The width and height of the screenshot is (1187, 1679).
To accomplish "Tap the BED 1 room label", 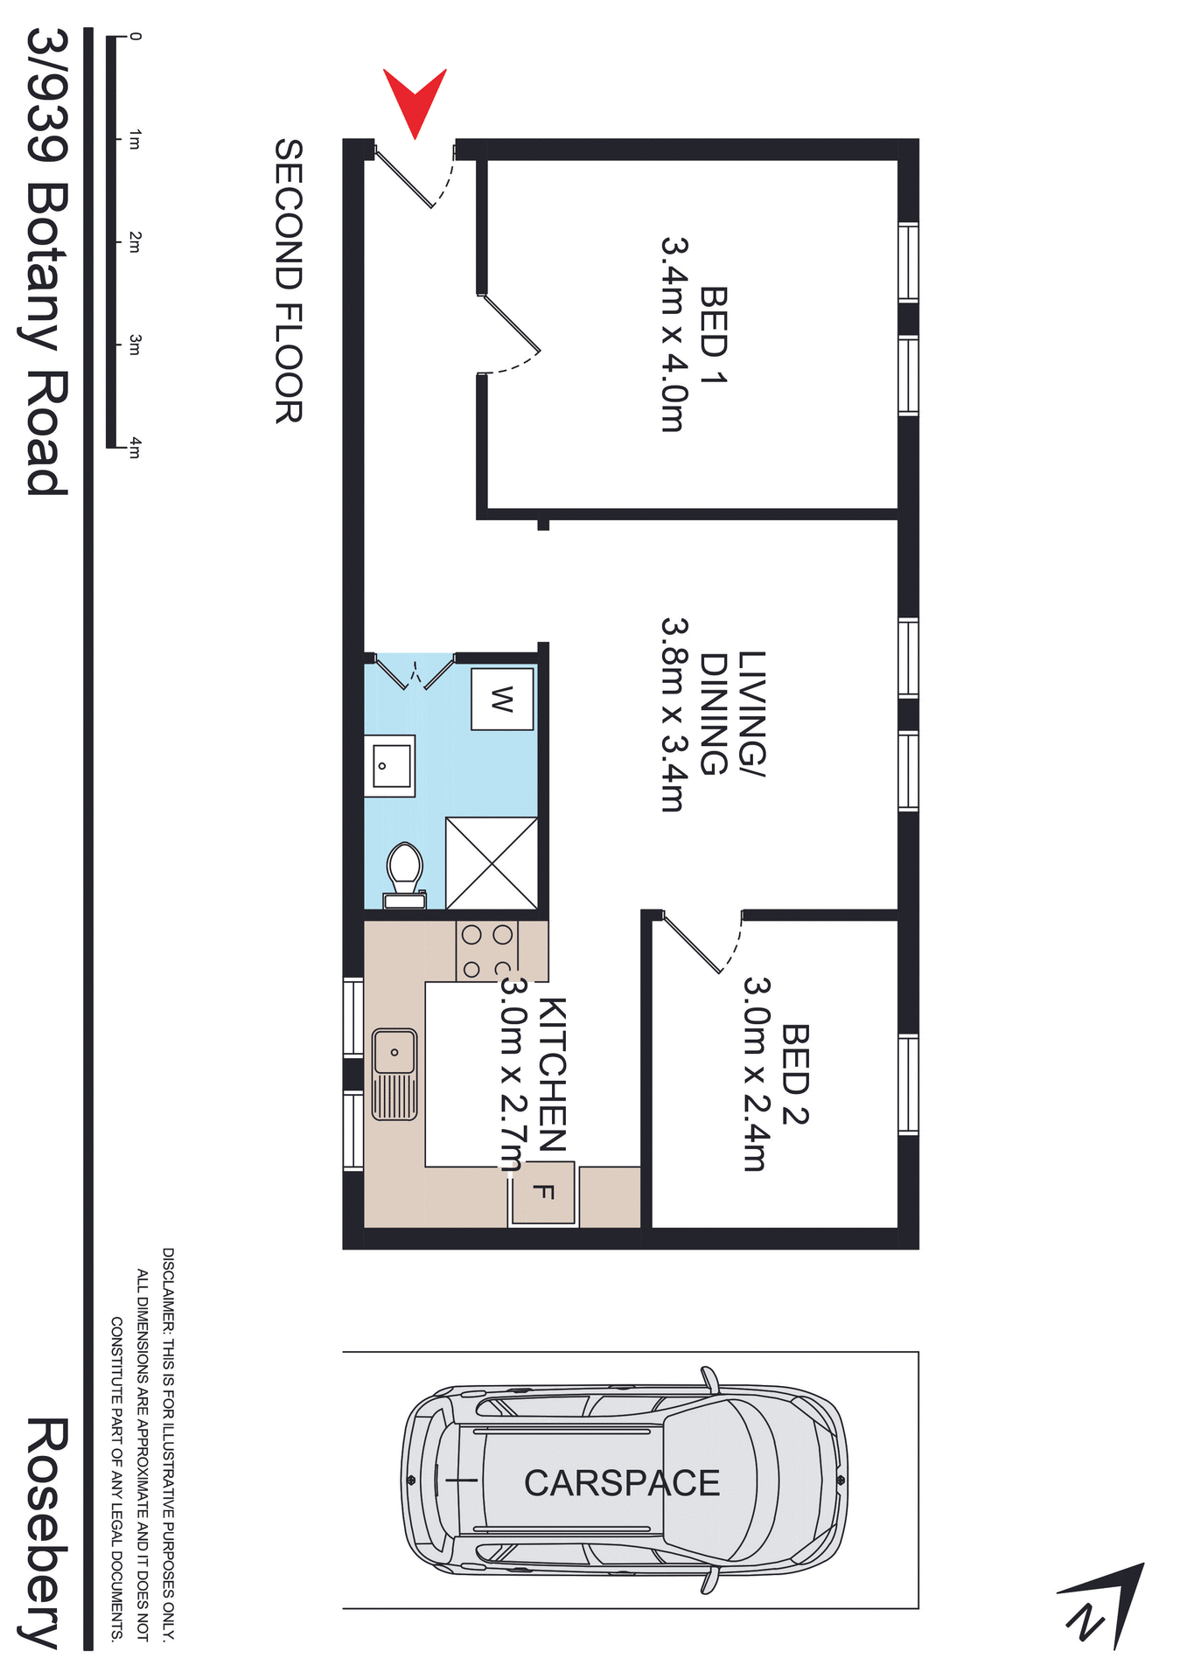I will (x=714, y=334).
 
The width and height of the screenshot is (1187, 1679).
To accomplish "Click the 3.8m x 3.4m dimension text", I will (x=674, y=714).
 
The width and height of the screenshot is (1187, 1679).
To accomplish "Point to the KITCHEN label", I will (x=553, y=1074).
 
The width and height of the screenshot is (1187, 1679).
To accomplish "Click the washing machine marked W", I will (x=502, y=699).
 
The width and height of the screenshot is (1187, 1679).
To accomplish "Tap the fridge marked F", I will (x=543, y=1192).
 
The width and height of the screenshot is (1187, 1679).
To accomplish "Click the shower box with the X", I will (x=492, y=863).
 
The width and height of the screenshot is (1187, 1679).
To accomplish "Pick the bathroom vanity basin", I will (x=389, y=766).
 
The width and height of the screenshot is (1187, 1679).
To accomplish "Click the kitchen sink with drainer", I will (x=395, y=1075).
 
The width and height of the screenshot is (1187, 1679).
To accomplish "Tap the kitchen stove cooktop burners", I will (x=487, y=951).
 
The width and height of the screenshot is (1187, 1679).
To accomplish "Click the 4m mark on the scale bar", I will (x=134, y=449).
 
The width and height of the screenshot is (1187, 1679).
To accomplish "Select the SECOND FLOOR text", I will (x=289, y=281).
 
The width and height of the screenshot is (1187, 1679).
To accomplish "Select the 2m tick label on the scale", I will (x=134, y=242).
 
